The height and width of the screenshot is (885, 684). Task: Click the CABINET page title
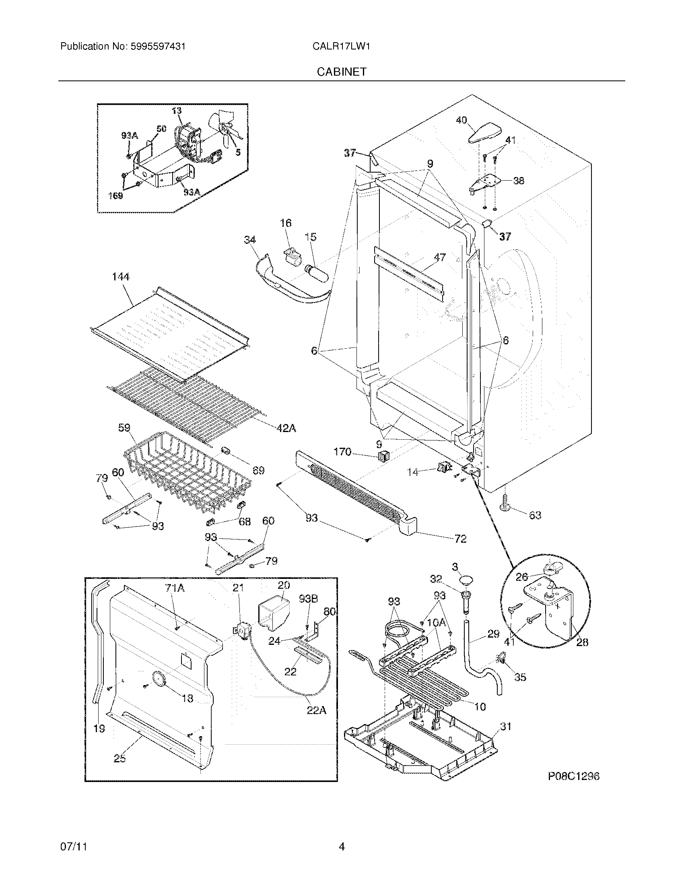pyautogui.click(x=341, y=72)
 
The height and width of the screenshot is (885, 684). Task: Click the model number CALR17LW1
pyautogui.click(x=341, y=47)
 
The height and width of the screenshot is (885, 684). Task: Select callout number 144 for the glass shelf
pyautogui.click(x=120, y=277)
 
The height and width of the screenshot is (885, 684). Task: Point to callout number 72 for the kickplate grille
pyautogui.click(x=461, y=539)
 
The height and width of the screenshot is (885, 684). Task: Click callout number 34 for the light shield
pyautogui.click(x=250, y=240)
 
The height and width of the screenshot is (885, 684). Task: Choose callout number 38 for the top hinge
pyautogui.click(x=518, y=181)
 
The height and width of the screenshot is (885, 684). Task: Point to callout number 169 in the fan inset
pyautogui.click(x=115, y=196)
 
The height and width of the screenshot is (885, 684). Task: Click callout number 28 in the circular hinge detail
pyautogui.click(x=582, y=642)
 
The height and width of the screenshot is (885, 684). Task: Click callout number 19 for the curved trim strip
pyautogui.click(x=99, y=729)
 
